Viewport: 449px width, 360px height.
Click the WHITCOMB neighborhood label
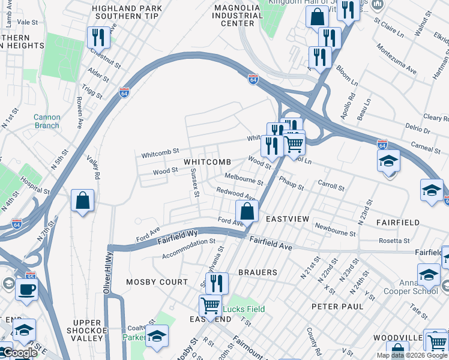(207, 163)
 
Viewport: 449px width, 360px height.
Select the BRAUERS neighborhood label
(259, 272)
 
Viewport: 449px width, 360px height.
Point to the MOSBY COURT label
(157, 282)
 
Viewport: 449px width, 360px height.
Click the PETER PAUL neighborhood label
(337, 306)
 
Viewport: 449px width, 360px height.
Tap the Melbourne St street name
(244, 179)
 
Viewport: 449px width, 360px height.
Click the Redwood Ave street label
(236, 193)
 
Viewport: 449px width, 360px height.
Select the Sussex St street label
(193, 184)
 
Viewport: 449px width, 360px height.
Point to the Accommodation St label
(188, 248)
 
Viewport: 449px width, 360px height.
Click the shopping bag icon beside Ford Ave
(247, 211)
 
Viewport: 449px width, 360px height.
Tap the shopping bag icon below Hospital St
(82, 201)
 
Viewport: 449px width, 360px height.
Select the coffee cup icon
(26, 289)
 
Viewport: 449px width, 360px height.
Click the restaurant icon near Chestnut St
(97, 38)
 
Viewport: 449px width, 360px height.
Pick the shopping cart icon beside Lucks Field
(210, 305)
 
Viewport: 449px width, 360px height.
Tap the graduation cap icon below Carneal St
(388, 161)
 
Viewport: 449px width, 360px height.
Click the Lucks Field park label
(244, 310)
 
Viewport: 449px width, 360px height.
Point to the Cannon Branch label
(46, 121)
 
